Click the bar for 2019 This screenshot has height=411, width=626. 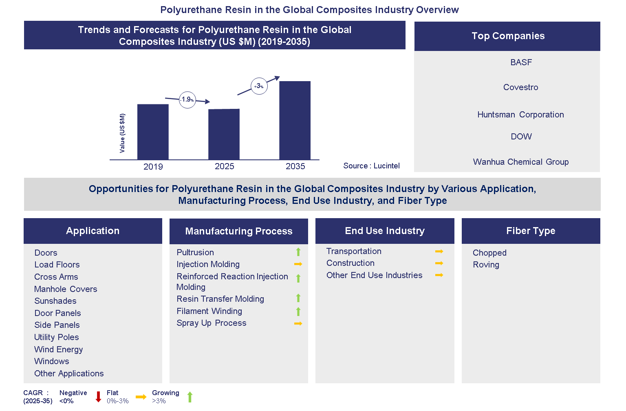[x=153, y=132]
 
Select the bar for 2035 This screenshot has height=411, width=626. [x=295, y=120]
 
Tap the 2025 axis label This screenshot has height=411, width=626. [x=224, y=166]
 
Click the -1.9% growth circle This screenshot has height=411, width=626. [x=187, y=99]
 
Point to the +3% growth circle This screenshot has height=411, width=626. [x=259, y=86]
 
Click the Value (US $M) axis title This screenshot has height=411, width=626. [x=122, y=133]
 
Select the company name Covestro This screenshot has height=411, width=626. [x=520, y=87]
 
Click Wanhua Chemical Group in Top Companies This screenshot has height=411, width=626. [x=520, y=162]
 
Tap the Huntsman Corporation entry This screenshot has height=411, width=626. [x=520, y=115]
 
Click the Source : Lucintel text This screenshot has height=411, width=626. [x=371, y=166]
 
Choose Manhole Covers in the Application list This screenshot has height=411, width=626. [x=66, y=289]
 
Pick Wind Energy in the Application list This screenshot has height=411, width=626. [x=58, y=349]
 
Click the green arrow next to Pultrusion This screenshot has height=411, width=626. [x=298, y=252]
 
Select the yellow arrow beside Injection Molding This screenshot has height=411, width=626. [x=298, y=264]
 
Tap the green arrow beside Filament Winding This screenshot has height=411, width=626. [x=298, y=312]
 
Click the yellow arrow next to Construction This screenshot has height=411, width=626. [x=439, y=263]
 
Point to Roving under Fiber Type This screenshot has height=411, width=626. [x=486, y=265]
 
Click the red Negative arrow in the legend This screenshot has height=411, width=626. [x=98, y=397]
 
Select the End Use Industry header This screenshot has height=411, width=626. [x=385, y=231]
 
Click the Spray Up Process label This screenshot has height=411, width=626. [x=211, y=323]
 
